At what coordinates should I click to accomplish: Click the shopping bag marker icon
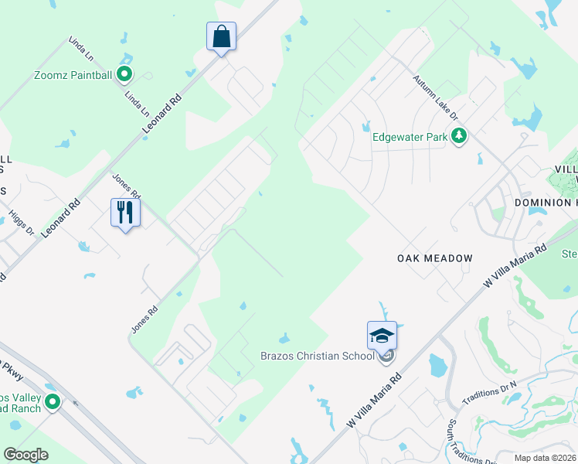coord(221,36)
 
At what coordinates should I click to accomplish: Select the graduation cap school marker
coord(382,336)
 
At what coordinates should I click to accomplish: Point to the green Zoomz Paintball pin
coord(124,75)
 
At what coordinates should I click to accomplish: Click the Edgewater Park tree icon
coord(460,137)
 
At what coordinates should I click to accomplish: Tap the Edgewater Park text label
coord(410,137)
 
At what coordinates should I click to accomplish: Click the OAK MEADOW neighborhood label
coord(434,258)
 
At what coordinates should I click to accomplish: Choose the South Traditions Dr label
coord(464,442)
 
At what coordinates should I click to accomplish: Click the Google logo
coord(25,454)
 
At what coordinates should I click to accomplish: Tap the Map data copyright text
coord(546,458)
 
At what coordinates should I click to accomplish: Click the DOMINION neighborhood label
coord(544,203)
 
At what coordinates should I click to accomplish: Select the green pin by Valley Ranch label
coord(53,401)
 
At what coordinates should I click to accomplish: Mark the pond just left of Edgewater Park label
coord(366,127)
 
